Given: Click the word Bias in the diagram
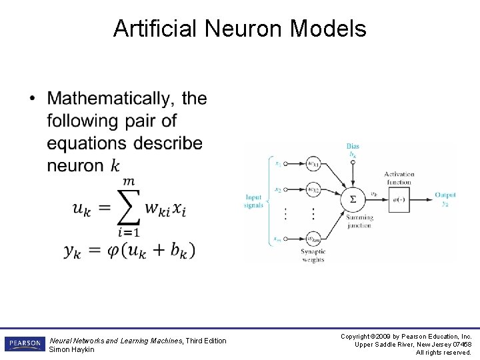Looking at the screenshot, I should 353,146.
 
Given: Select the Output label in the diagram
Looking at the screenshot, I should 445,195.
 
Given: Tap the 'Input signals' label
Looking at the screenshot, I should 253,201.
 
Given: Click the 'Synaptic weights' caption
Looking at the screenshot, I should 312,255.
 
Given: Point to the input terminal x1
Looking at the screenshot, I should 277,163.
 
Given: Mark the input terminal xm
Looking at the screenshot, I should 277,238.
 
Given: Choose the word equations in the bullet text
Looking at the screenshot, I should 87,143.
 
